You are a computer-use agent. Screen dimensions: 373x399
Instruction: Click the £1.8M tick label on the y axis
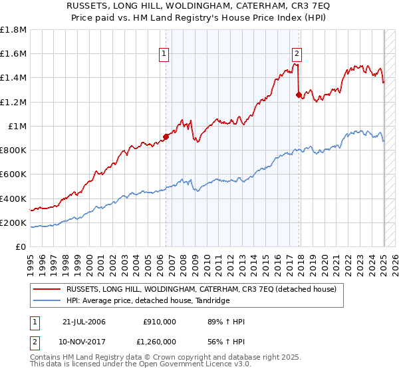point(14,30)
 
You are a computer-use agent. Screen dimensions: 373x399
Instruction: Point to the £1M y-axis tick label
point(17,127)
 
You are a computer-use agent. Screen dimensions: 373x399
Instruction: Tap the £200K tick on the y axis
point(14,223)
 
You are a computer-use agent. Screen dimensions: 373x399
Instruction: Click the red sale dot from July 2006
point(166,137)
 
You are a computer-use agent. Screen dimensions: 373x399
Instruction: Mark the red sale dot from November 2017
point(299,95)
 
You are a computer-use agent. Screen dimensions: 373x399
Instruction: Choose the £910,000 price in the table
point(159,322)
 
